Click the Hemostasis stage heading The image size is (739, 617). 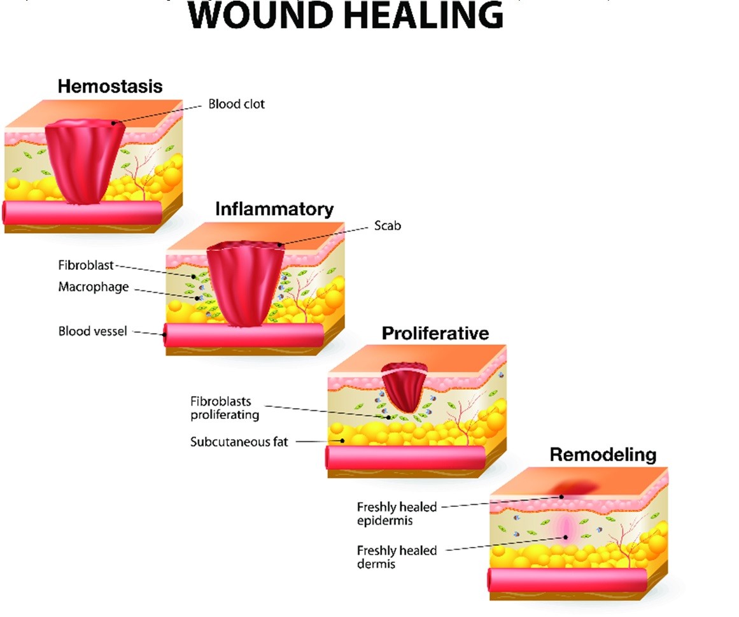point(110,87)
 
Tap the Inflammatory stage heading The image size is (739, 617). point(274,209)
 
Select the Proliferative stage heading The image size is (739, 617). point(435,333)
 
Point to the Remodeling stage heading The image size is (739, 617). point(602,455)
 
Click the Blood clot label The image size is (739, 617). point(236,104)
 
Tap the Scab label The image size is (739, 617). point(388,225)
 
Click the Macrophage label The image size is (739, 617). point(93,287)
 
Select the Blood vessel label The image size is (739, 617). point(92,331)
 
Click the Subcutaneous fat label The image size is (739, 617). point(239,441)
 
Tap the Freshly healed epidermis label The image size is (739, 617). point(397,513)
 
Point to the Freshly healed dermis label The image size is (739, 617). point(397,557)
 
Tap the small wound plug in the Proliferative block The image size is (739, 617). point(405,385)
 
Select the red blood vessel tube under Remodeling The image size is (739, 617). point(567,580)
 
